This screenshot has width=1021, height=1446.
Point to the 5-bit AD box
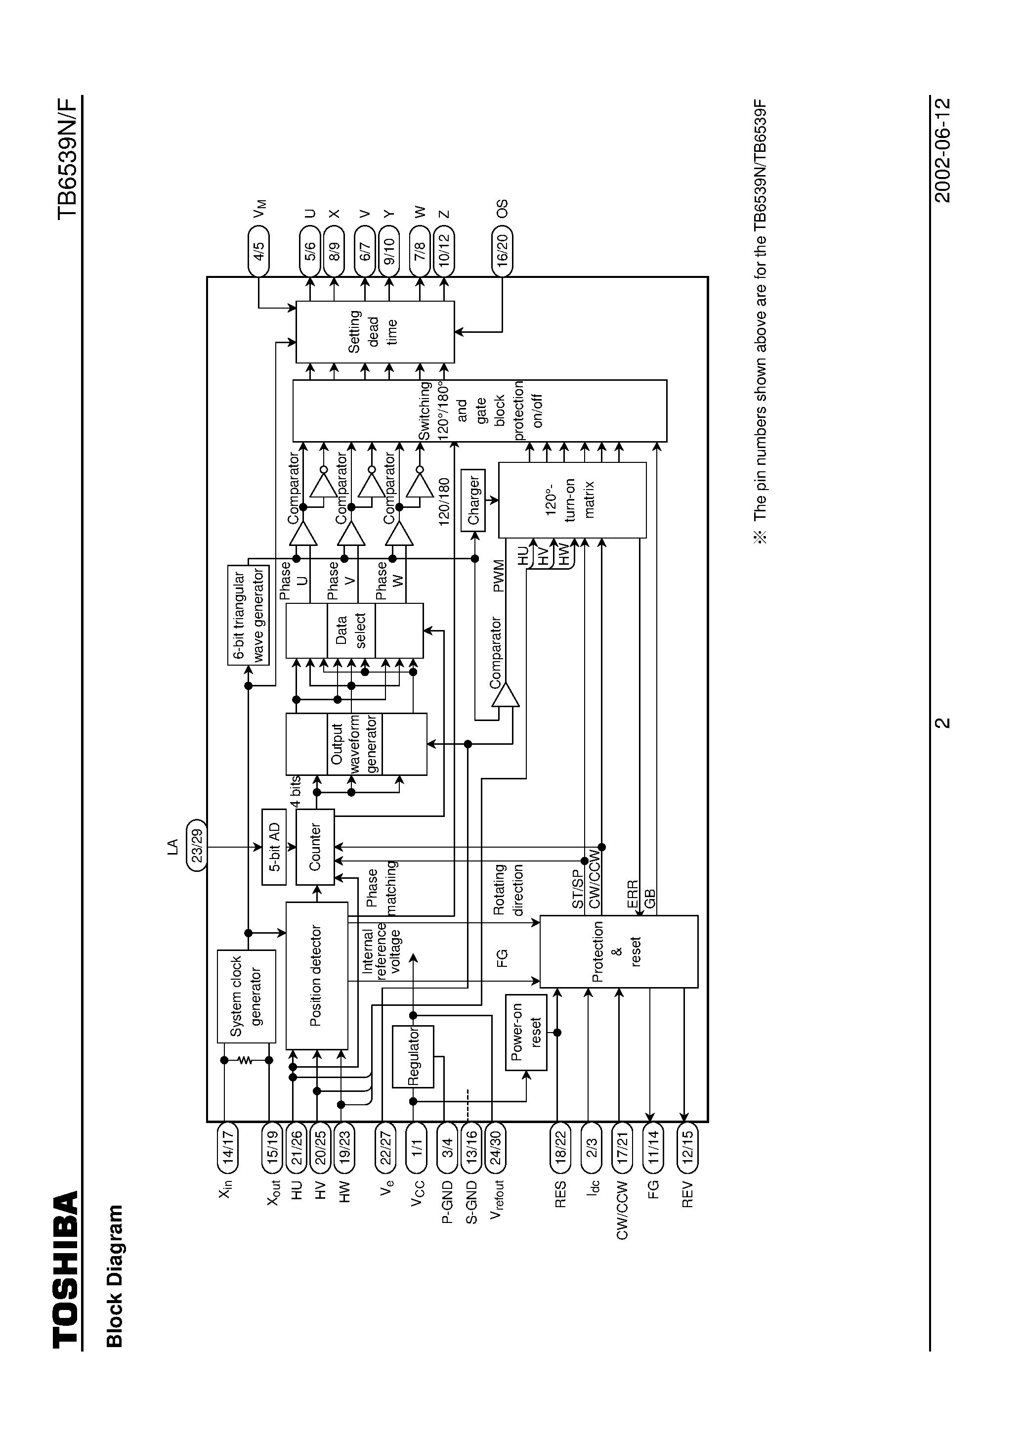tap(273, 847)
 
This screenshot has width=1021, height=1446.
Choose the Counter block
tap(315, 847)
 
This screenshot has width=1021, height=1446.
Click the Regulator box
tap(413, 1056)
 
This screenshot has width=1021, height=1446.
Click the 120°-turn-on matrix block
tap(572, 500)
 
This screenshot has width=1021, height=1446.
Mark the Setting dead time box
tap(375, 332)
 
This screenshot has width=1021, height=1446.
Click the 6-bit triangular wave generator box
tap(248, 615)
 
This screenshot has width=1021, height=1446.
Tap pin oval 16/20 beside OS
tap(502, 252)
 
